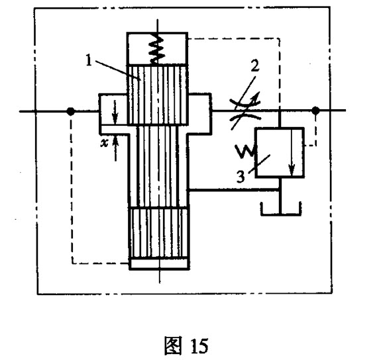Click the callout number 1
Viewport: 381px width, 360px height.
pos(89,60)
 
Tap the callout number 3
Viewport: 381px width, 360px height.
pos(241,177)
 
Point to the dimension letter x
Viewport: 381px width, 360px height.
pos(104,144)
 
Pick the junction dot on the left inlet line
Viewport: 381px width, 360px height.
pos(70,111)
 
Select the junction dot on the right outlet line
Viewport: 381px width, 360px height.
pos(315,111)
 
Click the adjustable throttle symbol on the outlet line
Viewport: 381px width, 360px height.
pos(245,111)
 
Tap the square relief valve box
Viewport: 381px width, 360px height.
pos(280,152)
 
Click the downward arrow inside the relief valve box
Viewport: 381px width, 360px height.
pos(292,152)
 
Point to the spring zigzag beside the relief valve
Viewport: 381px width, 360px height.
pos(246,152)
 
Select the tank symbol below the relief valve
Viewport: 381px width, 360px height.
pos(281,208)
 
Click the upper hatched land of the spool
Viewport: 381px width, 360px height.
pos(158,95)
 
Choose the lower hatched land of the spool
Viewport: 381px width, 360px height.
pos(159,232)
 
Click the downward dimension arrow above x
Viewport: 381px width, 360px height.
pos(115,112)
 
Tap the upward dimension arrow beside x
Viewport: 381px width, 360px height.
pos(115,148)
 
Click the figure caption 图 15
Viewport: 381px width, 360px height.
pos(186,345)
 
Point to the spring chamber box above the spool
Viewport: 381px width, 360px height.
pos(157,48)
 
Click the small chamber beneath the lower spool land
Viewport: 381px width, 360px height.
pos(159,263)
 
